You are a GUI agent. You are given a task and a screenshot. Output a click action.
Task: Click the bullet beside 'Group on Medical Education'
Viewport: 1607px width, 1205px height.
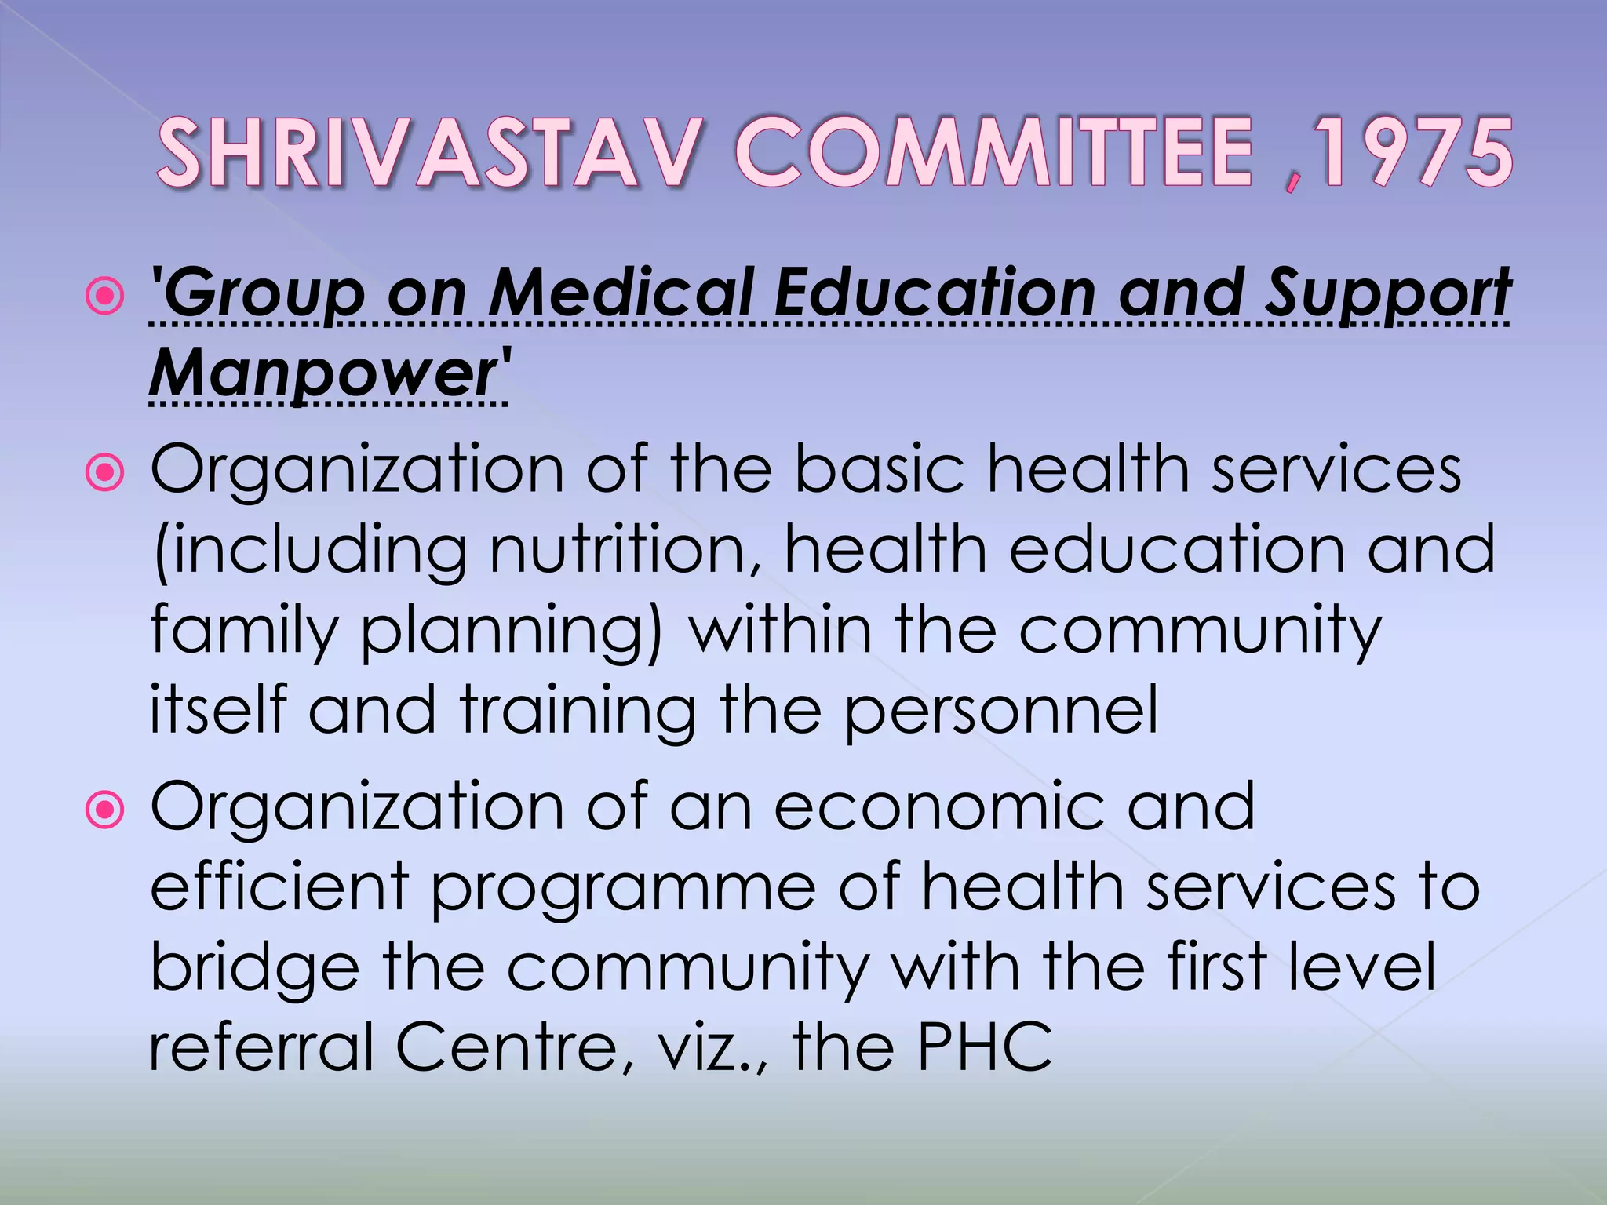(x=104, y=297)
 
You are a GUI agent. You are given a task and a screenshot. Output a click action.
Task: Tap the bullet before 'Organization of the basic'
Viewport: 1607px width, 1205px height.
(x=104, y=473)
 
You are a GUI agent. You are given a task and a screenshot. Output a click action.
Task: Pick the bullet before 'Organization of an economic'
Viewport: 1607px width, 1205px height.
(x=104, y=811)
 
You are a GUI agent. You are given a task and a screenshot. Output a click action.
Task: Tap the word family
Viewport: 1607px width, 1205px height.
(x=243, y=632)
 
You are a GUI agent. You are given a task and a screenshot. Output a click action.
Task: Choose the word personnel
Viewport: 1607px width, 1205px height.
(x=1000, y=711)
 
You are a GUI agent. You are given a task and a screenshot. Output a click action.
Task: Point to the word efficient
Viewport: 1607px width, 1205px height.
(x=279, y=886)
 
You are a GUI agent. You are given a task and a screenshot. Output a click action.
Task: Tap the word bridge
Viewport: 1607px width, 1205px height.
(x=254, y=970)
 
